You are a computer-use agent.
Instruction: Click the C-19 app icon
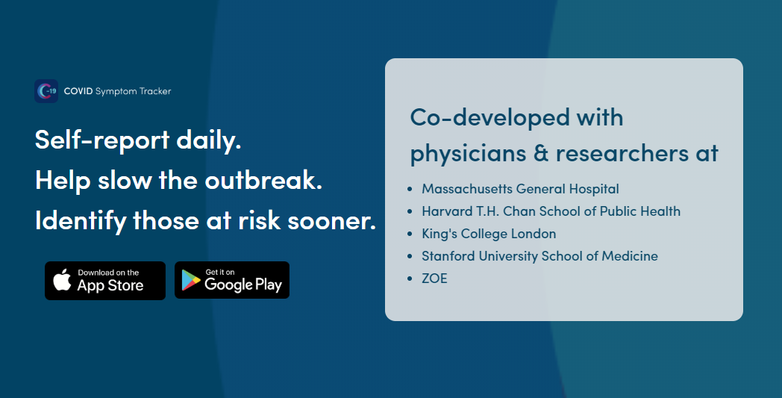click(x=46, y=91)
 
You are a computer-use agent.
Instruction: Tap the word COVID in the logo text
click(x=78, y=91)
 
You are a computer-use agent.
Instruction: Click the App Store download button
click(x=105, y=281)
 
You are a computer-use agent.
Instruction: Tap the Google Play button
click(x=232, y=280)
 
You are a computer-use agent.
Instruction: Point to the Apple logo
click(x=63, y=280)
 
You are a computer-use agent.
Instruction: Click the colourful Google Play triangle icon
click(x=190, y=280)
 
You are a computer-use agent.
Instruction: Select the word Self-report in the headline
click(x=102, y=140)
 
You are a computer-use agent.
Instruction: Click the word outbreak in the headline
click(x=264, y=180)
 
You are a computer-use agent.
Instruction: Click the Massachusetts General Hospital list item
click(x=520, y=189)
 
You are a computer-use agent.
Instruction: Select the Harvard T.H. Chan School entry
click(x=551, y=211)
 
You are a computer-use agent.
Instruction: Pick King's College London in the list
click(x=489, y=234)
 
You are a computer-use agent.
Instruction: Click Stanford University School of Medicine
click(x=539, y=256)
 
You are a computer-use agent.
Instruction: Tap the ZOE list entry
click(x=434, y=279)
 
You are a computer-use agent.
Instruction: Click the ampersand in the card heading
click(x=541, y=153)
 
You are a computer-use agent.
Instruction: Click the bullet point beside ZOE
click(x=410, y=279)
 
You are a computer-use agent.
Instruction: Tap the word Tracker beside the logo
click(x=155, y=91)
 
